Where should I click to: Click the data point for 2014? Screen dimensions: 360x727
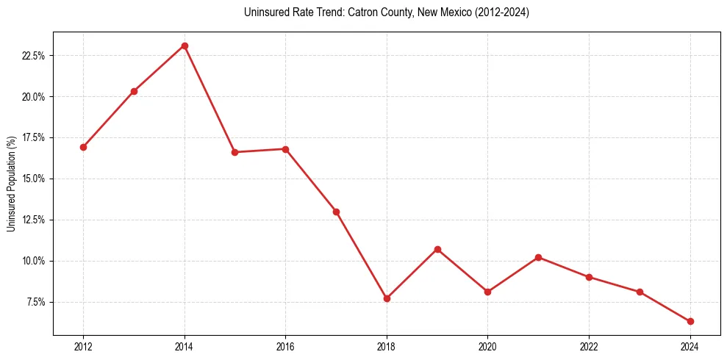click(x=185, y=46)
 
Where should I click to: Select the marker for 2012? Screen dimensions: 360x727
click(x=83, y=147)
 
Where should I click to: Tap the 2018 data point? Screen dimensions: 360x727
click(x=387, y=298)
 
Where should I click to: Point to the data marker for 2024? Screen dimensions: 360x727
click(x=690, y=321)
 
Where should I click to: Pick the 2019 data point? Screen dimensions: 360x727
click(x=437, y=249)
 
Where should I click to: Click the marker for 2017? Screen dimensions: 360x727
click(x=336, y=212)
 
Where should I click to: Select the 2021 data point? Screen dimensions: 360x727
click(x=539, y=257)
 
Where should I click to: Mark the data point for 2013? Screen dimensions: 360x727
click(x=134, y=91)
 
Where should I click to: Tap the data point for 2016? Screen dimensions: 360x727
click(x=285, y=149)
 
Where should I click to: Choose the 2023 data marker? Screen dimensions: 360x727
click(x=640, y=292)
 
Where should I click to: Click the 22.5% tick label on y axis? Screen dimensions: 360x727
click(x=34, y=56)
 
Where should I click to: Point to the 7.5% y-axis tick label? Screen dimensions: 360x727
click(x=36, y=302)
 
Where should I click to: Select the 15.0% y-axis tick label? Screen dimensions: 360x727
click(x=34, y=179)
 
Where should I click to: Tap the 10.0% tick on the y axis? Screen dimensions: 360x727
click(x=34, y=261)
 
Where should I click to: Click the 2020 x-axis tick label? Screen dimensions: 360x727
click(x=488, y=347)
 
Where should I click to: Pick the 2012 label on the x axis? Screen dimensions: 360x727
click(x=83, y=347)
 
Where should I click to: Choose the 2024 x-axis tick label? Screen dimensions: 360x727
click(x=690, y=347)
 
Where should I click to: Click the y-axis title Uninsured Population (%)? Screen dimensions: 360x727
click(x=11, y=183)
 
